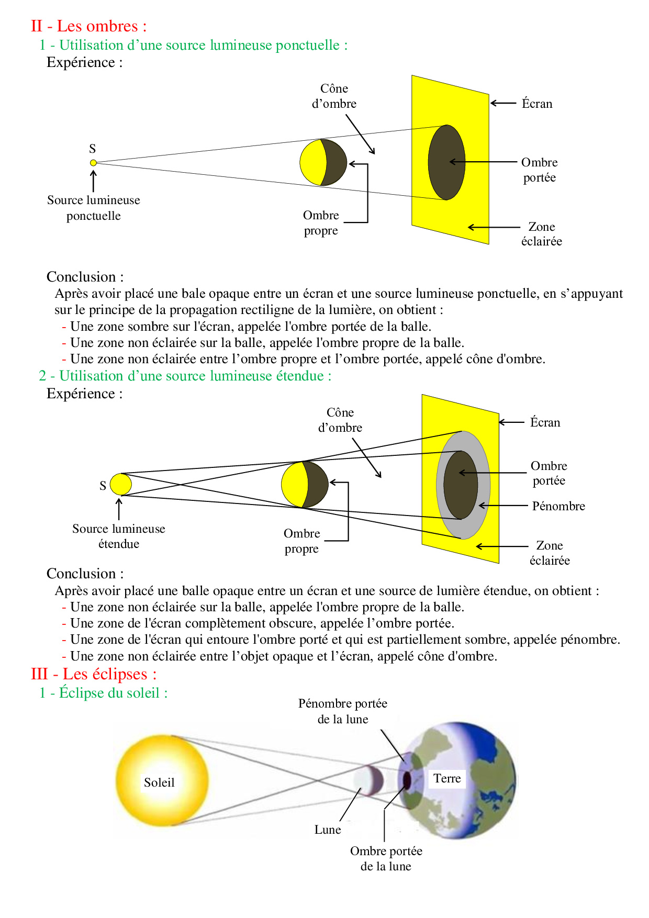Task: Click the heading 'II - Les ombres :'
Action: pyautogui.click(x=88, y=26)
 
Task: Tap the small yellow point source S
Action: pyautogui.click(x=93, y=163)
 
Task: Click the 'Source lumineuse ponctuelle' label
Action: pyautogui.click(x=94, y=208)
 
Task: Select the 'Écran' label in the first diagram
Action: pyautogui.click(x=537, y=104)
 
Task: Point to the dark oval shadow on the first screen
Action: pyautogui.click(x=446, y=162)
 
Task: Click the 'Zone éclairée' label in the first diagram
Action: pyautogui.click(x=542, y=234)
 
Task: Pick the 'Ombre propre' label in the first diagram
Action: pyautogui.click(x=321, y=223)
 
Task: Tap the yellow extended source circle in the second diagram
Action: pyautogui.click(x=121, y=484)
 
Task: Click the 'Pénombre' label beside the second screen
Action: pyautogui.click(x=558, y=506)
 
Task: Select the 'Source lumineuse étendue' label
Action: pyautogui.click(x=119, y=536)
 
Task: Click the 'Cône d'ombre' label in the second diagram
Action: pyautogui.click(x=340, y=420)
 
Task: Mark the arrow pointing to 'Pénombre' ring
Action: pyautogui.click(x=502, y=506)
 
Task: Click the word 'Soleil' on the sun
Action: pyautogui.click(x=159, y=782)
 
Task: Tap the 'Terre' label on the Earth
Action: pyautogui.click(x=447, y=778)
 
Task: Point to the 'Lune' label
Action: pyautogui.click(x=328, y=830)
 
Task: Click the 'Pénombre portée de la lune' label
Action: pyautogui.click(x=343, y=711)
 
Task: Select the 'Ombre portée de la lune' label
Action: pyautogui.click(x=386, y=858)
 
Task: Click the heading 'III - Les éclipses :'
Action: pyautogui.click(x=94, y=674)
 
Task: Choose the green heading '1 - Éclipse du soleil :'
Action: pyautogui.click(x=104, y=693)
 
